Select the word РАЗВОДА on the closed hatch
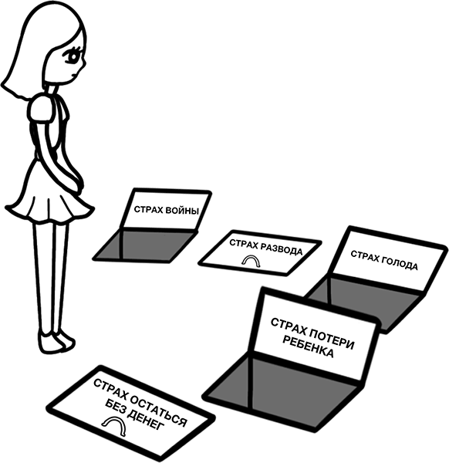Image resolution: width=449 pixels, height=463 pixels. pos(283,248)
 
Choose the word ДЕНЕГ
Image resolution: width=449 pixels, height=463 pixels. pos(145,421)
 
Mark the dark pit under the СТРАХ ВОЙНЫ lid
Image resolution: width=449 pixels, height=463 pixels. pos(144,245)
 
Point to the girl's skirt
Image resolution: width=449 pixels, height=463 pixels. pos(49,192)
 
